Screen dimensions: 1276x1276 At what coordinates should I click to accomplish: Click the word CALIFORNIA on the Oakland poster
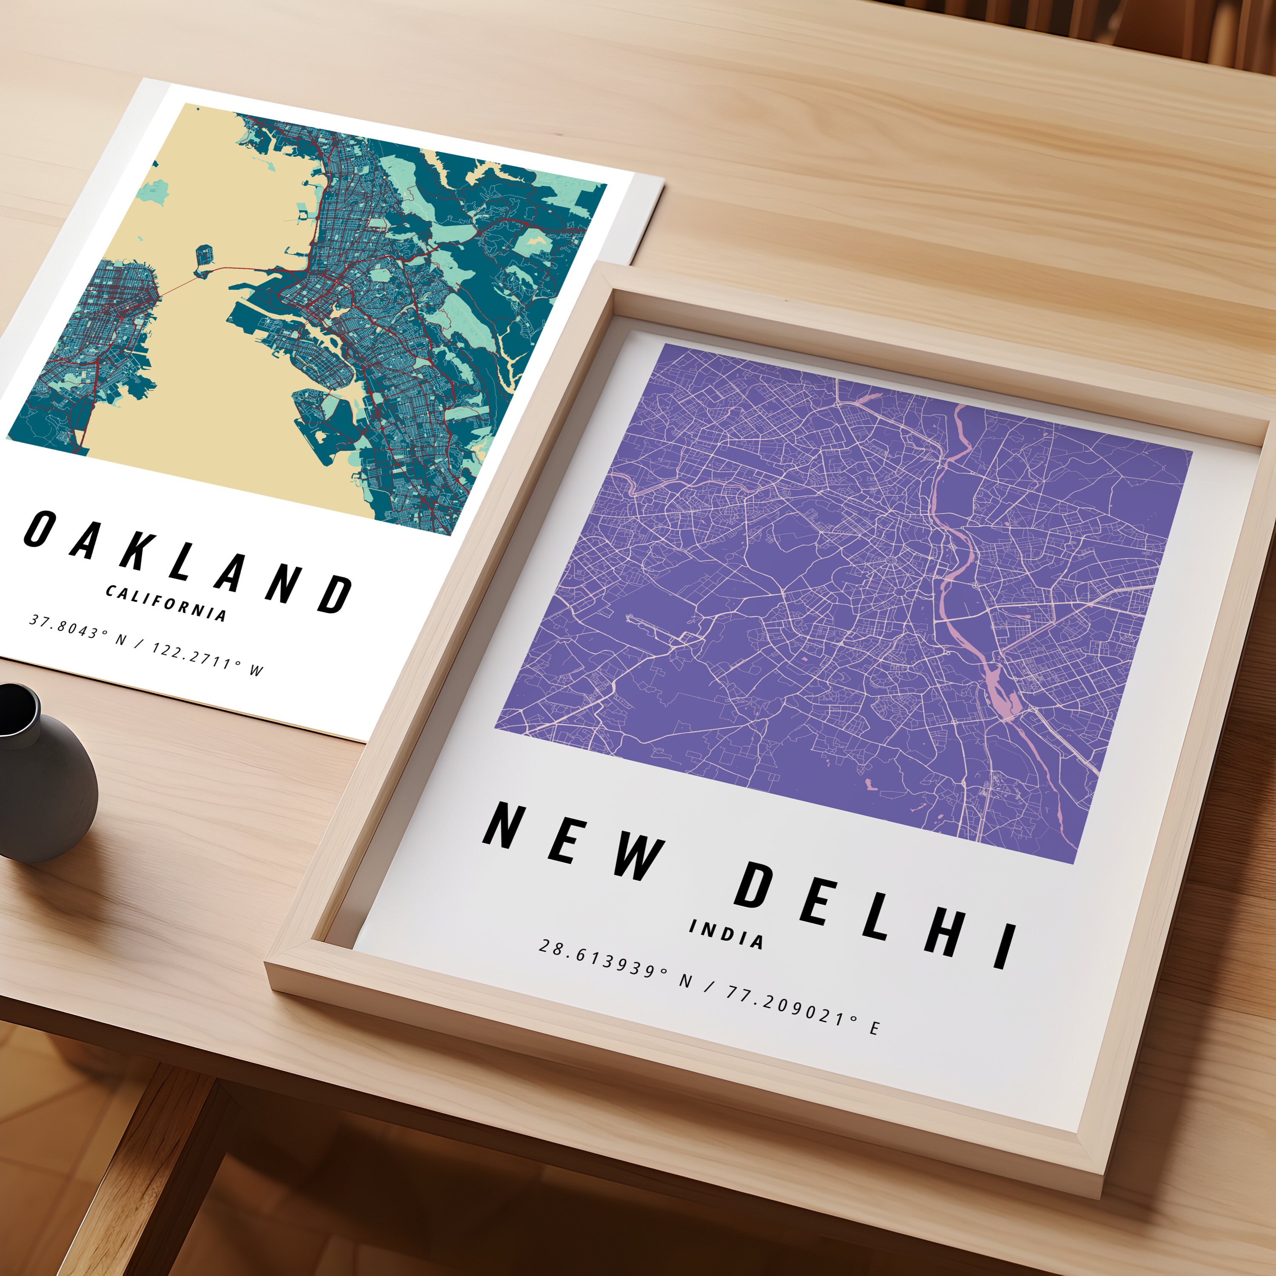click(166, 602)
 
